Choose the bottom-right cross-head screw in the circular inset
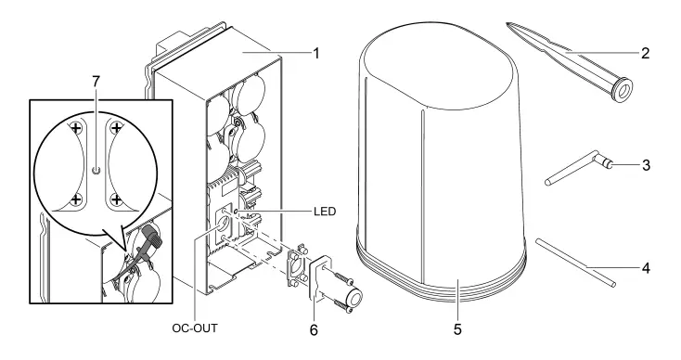pos(115,198)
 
